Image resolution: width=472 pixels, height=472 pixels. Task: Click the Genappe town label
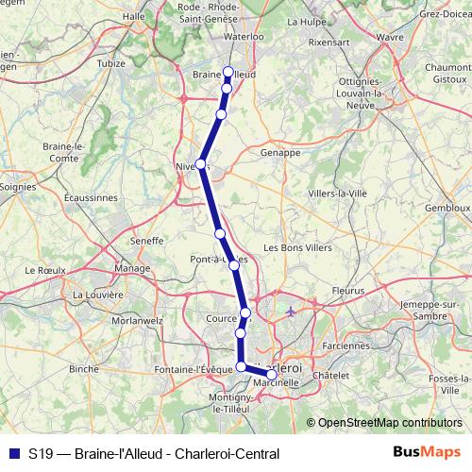pyautogui.click(x=279, y=151)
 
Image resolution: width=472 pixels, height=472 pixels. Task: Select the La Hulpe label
pyautogui.click(x=305, y=21)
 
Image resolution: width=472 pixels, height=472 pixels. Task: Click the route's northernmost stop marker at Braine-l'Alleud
pyautogui.click(x=228, y=72)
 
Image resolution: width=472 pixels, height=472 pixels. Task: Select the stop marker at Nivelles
pyautogui.click(x=200, y=164)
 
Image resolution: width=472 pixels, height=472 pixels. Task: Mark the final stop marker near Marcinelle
pyautogui.click(x=272, y=375)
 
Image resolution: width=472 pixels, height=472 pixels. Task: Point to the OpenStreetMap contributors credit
pyautogui.click(x=389, y=422)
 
